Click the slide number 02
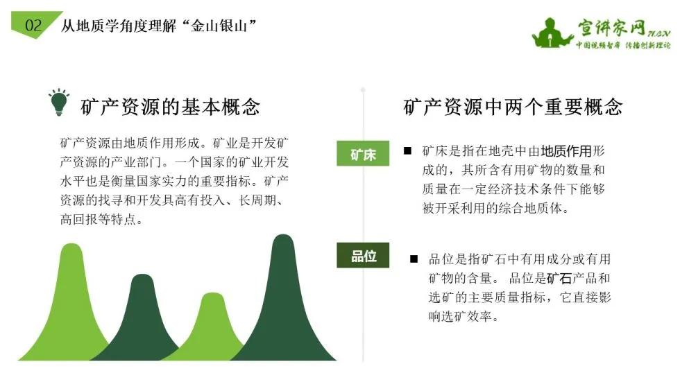click(33, 26)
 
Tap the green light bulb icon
click(59, 102)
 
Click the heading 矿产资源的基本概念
click(171, 107)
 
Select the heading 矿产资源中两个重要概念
click(513, 107)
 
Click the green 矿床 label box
click(363, 154)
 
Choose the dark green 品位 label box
click(363, 256)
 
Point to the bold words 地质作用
click(566, 152)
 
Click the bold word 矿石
click(559, 279)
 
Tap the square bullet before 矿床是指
click(407, 150)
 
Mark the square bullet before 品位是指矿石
click(414, 259)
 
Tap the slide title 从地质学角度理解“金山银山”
click(159, 26)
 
